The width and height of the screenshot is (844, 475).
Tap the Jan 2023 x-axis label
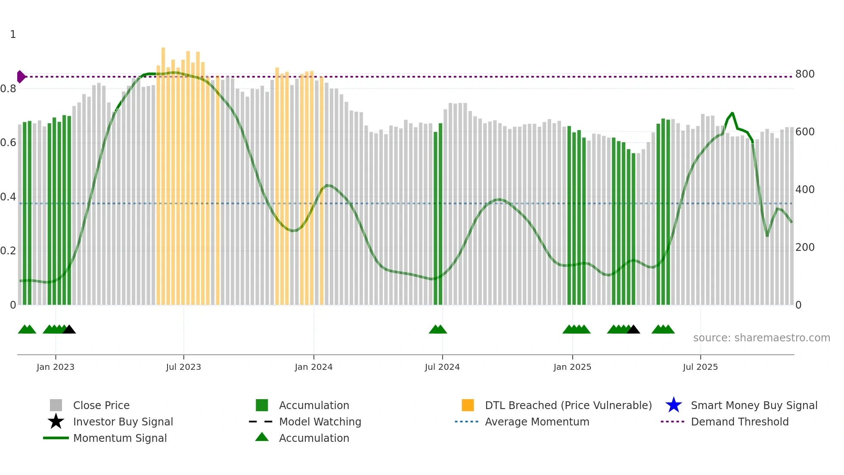[56, 367]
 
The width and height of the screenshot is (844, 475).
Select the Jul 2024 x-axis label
[442, 367]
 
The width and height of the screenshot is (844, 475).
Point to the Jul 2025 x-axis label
[700, 367]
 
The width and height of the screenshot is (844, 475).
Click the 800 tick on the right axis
[805, 74]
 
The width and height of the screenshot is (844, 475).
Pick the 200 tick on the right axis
[805, 247]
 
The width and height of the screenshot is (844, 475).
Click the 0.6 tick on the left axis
[8, 143]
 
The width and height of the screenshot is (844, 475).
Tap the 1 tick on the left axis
[13, 34]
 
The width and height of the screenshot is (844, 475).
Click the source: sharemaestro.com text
[761, 338]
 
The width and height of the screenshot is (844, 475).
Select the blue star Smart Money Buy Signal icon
[673, 405]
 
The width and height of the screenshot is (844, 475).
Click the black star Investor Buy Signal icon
[56, 422]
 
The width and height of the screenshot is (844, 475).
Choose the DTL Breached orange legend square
[468, 405]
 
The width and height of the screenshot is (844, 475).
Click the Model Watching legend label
[320, 422]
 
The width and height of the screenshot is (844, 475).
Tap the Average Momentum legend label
[537, 422]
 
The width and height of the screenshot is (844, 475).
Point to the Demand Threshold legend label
[739, 422]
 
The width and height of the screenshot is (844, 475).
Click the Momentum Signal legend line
[56, 438]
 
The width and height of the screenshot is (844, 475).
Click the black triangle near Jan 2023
[69, 330]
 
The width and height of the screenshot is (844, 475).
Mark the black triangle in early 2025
[633, 330]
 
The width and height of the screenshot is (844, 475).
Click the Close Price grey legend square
[56, 405]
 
